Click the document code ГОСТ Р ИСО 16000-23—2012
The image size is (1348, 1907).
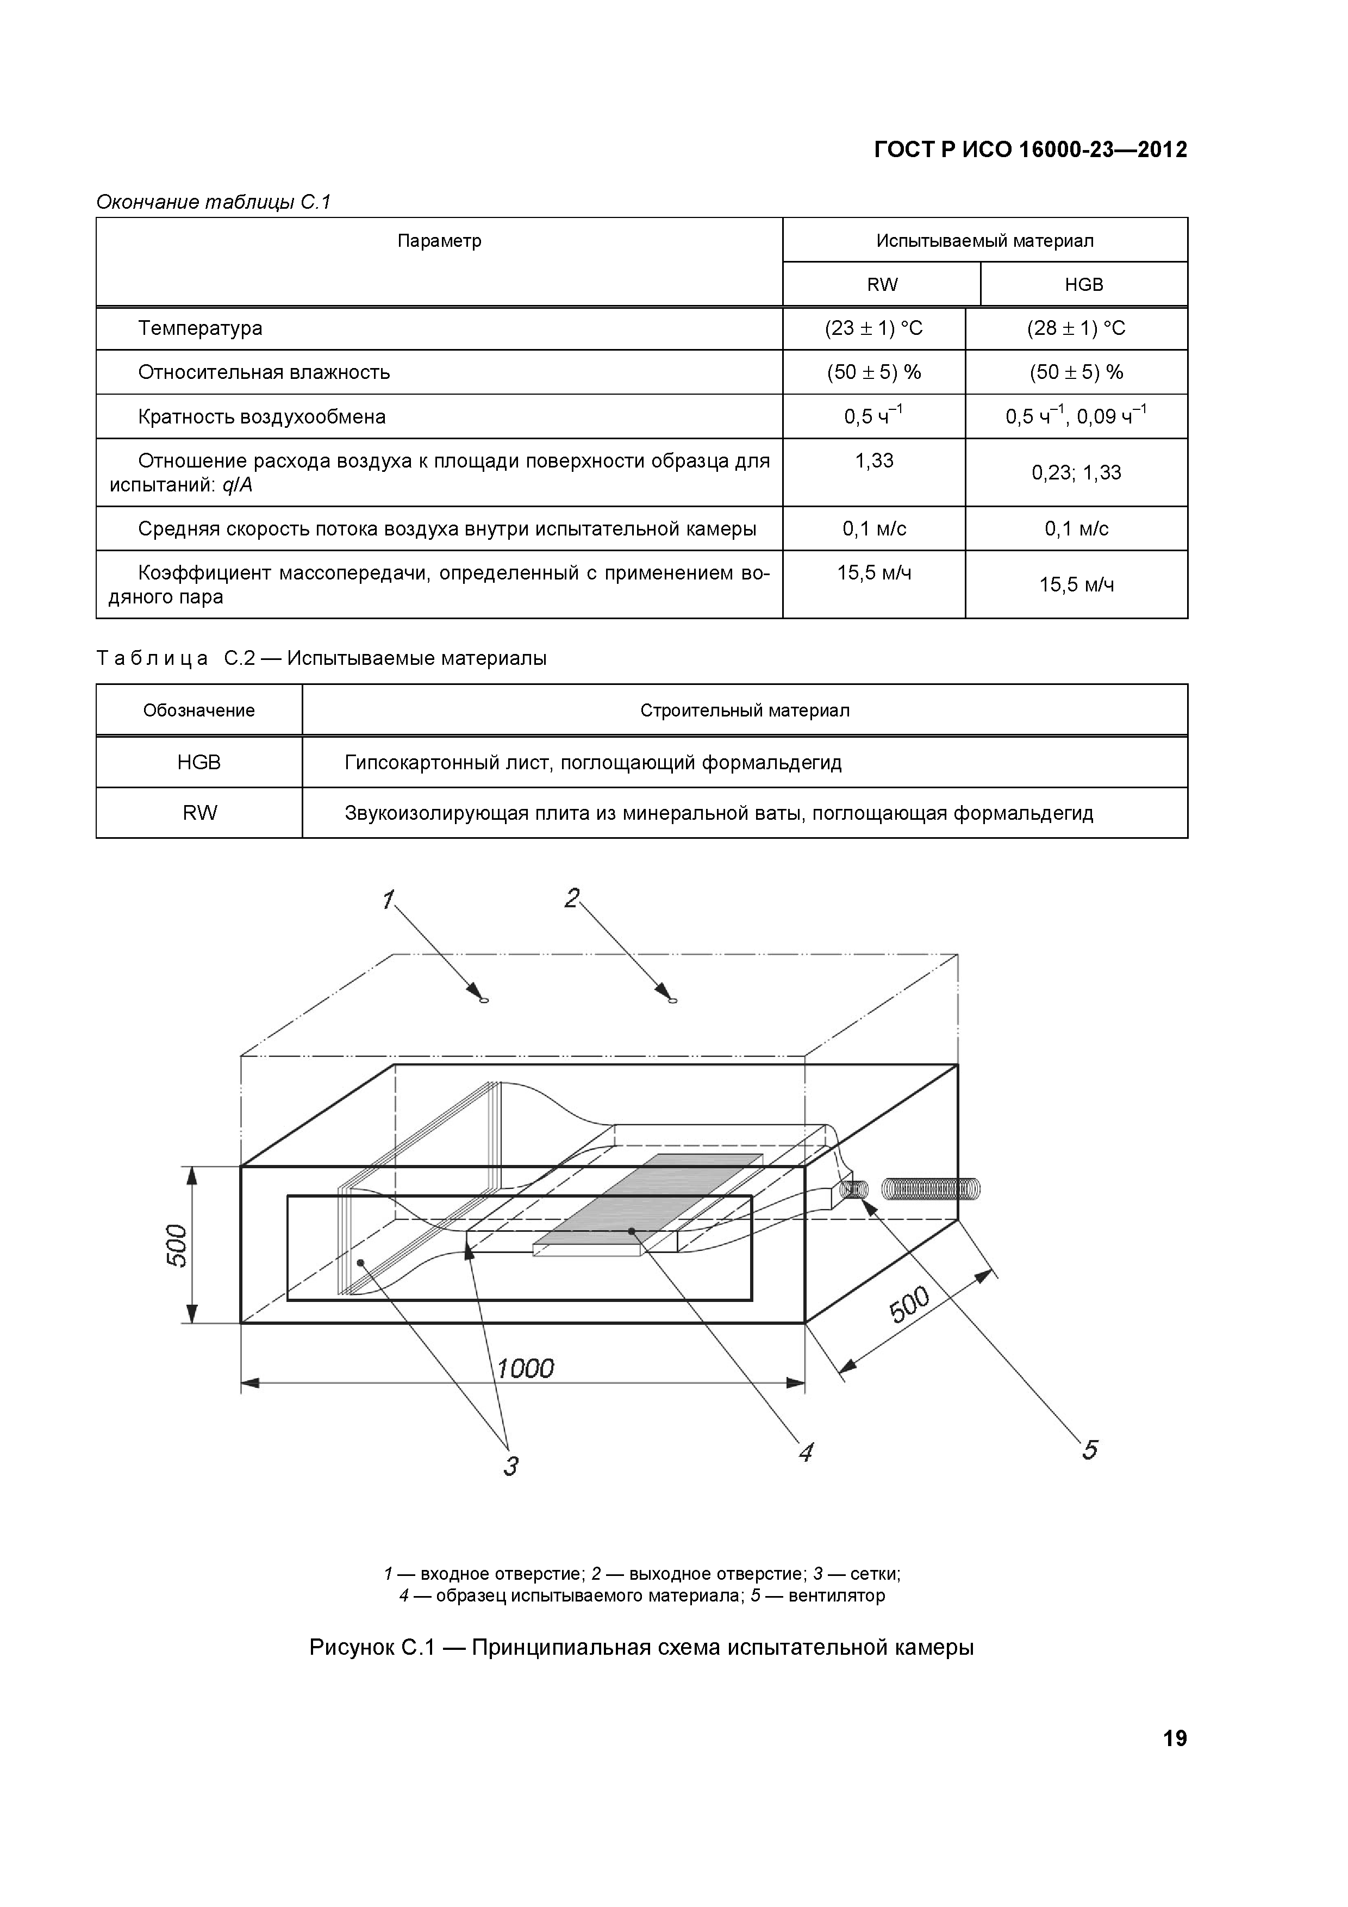tap(1031, 149)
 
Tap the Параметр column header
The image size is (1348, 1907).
tap(439, 241)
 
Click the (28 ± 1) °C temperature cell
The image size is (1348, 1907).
tap(1076, 328)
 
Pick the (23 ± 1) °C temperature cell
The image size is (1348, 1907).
tap(873, 328)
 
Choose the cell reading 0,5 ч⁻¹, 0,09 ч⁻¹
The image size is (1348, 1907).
tap(1076, 416)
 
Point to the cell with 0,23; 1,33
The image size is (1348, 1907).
tap(1076, 472)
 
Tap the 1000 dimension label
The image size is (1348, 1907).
tap(525, 1367)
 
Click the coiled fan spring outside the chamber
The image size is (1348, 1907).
tap(930, 1189)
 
